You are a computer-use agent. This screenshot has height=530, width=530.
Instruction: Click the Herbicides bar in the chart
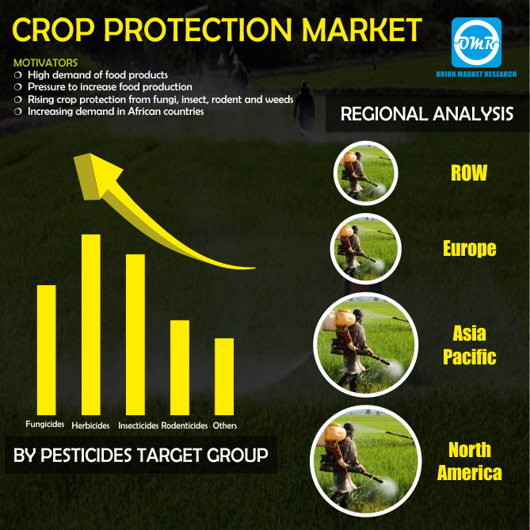click(x=91, y=325)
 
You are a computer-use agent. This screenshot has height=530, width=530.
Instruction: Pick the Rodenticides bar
click(x=180, y=368)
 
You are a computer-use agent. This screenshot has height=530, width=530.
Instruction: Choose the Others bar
click(x=224, y=376)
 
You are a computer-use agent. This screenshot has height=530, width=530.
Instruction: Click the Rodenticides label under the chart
click(x=184, y=426)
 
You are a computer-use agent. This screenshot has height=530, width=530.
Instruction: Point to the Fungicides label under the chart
click(x=44, y=425)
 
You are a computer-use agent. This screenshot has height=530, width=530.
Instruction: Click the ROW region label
click(x=468, y=173)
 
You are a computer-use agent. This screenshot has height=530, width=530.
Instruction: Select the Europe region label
click(x=469, y=248)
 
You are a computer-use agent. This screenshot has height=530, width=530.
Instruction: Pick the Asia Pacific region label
click(x=469, y=345)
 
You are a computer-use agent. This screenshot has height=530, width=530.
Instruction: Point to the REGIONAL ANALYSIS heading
click(x=426, y=115)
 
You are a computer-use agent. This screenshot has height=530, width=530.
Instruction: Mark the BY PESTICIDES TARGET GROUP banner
click(x=141, y=456)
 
